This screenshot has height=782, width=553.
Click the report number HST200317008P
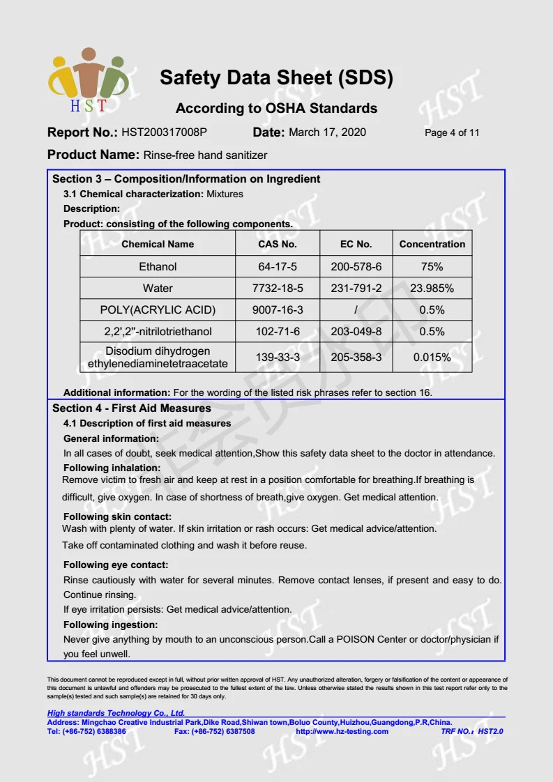[x=165, y=132]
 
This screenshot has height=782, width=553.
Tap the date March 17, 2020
[x=327, y=132]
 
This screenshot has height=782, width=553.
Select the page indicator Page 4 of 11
[x=452, y=133]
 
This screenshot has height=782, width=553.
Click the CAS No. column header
[x=278, y=244]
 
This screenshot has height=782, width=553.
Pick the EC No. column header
[x=356, y=244]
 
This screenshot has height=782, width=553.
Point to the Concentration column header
[x=432, y=244]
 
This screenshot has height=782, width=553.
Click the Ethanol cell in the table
[x=158, y=266]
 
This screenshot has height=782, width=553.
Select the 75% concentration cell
[x=432, y=266]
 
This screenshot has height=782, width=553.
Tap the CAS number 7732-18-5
[x=278, y=288]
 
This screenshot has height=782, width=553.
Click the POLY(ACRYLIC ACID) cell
[x=158, y=309]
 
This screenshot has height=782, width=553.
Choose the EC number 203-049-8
[x=356, y=331]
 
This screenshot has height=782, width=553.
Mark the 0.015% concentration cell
[x=432, y=358]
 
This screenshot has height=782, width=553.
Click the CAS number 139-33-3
[x=278, y=358]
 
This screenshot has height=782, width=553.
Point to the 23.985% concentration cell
[x=432, y=288]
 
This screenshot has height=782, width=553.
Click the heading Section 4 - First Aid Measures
[x=131, y=408]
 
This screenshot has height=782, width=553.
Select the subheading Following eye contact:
[x=116, y=565]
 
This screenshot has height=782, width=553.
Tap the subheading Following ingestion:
[x=110, y=624]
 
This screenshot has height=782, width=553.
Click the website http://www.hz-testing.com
[x=342, y=731]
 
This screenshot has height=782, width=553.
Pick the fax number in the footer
[x=214, y=731]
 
